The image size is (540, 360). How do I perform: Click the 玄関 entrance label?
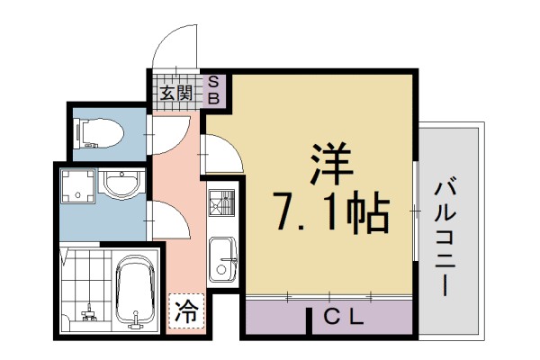click(175, 92)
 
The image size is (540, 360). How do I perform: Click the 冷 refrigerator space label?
click(185, 314)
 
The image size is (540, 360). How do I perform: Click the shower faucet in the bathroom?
click(88, 314)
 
